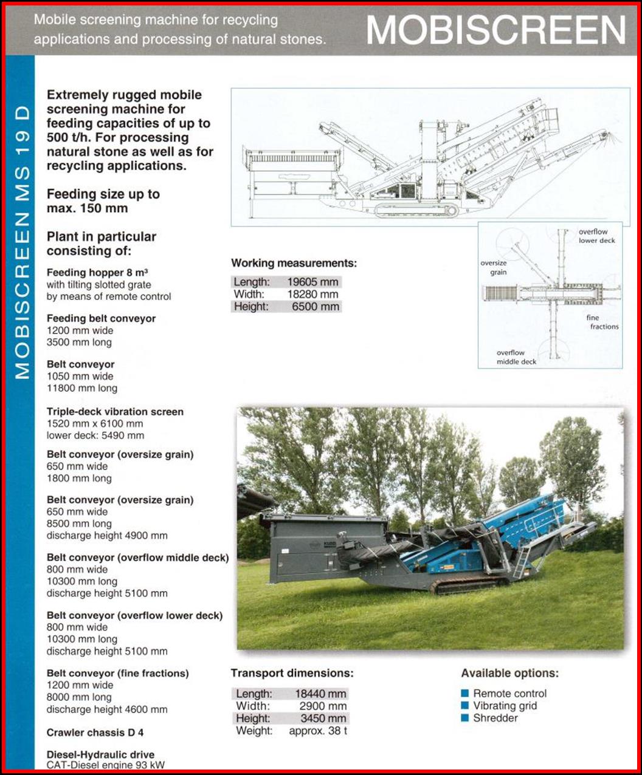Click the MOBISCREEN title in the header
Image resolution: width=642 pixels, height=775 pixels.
coord(496,30)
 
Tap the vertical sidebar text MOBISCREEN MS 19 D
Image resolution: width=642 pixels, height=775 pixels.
coord(22,243)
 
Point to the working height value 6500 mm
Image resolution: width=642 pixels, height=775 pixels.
coord(316,307)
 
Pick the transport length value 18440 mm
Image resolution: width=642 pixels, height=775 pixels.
coord(321,694)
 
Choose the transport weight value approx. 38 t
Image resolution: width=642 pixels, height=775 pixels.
coord(318,731)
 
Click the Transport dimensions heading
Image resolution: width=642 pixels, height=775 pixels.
coord(292,673)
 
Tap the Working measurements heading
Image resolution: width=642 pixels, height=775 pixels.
coord(294,264)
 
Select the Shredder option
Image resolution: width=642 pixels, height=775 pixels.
coord(495,718)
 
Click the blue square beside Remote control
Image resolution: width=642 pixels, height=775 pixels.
coord(465,693)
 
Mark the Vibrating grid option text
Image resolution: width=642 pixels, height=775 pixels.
coord(505,706)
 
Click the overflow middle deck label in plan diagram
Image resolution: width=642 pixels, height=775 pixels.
coord(516,357)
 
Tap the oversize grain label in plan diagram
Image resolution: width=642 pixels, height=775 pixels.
coord(494,268)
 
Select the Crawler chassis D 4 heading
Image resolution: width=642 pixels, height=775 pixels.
coord(95,732)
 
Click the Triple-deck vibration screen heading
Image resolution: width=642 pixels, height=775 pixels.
coord(115,412)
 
